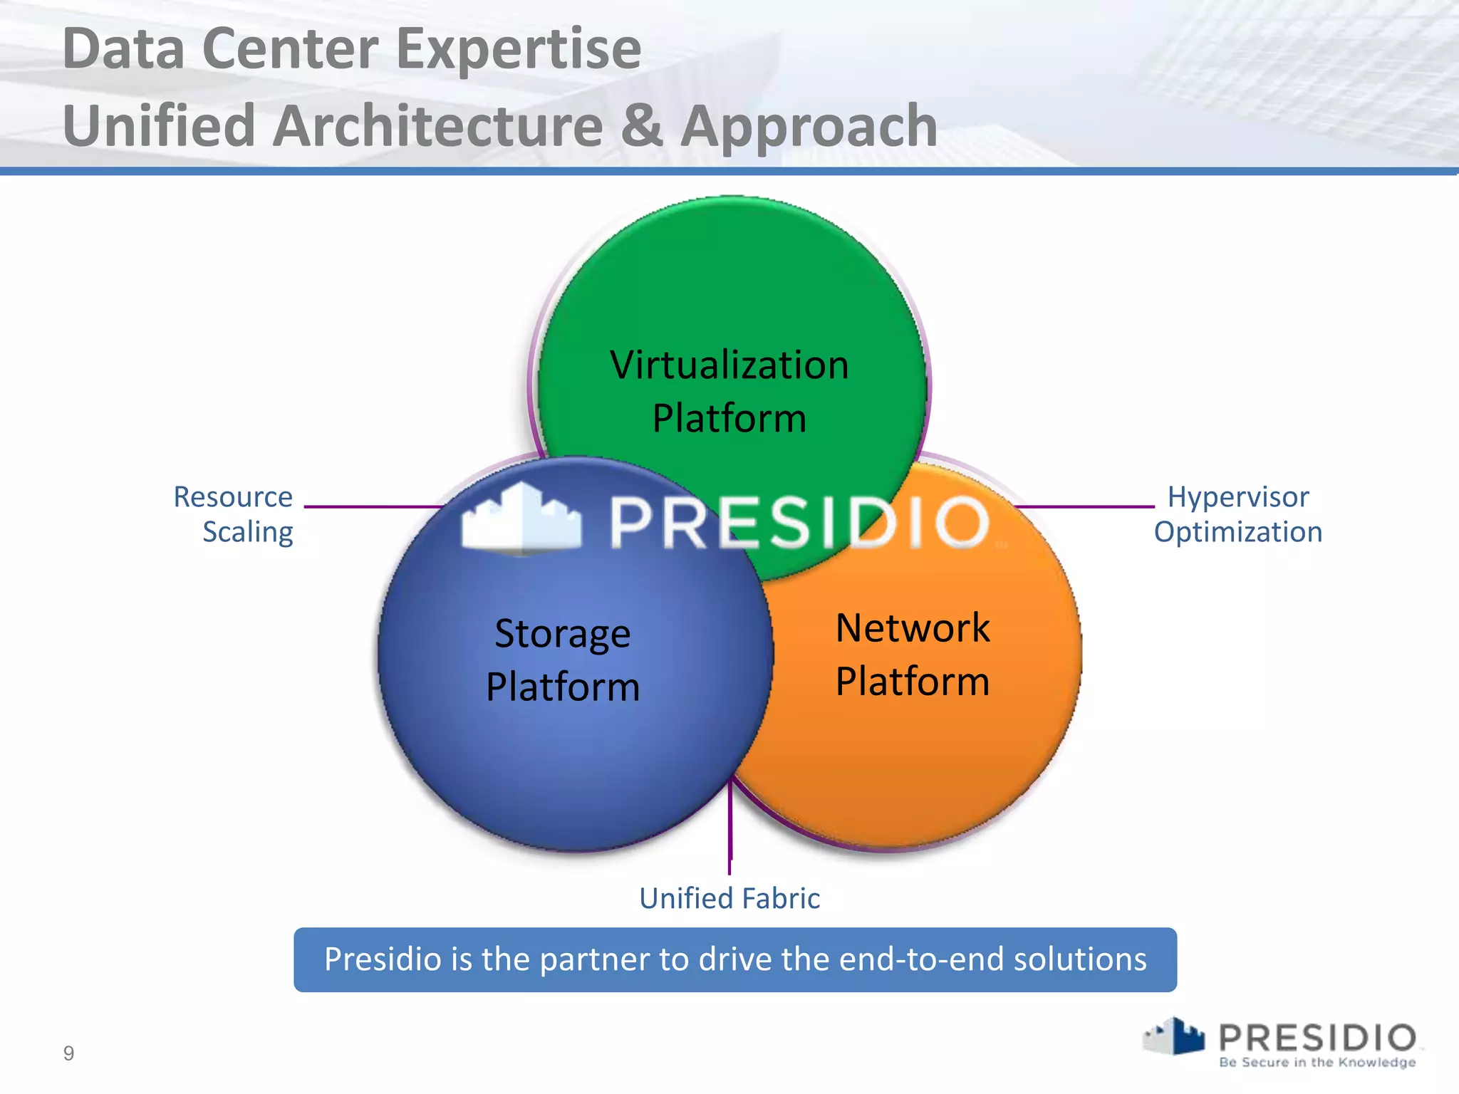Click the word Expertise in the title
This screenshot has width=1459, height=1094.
[518, 50]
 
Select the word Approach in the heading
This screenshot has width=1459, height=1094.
[809, 127]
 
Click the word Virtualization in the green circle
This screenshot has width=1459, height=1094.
[729, 365]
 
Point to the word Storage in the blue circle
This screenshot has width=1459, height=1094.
[562, 634]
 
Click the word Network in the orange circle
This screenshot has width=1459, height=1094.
[913, 628]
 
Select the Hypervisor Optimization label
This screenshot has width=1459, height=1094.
[1238, 514]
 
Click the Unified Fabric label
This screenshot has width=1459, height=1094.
[729, 898]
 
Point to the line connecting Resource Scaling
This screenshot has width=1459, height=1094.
[370, 507]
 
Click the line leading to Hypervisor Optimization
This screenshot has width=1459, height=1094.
[1083, 507]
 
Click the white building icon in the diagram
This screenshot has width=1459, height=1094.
[521, 519]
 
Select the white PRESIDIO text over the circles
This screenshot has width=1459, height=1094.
[799, 523]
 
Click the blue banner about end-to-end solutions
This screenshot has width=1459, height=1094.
[735, 959]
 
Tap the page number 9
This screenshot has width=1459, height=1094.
[68, 1053]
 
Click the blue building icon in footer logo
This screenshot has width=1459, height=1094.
[1185, 1036]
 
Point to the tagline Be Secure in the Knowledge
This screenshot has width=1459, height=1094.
[1317, 1062]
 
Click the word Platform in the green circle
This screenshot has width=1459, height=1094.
[729, 419]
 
